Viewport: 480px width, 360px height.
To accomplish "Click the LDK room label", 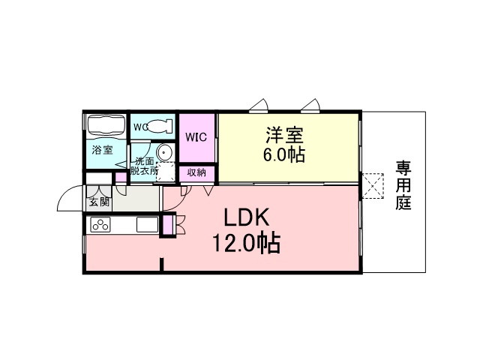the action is pyautogui.click(x=247, y=217).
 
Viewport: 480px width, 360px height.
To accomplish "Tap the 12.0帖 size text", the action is pyautogui.click(x=247, y=243).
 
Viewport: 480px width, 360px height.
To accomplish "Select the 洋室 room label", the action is pyautogui.click(x=284, y=135).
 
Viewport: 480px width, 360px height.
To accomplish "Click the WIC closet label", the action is pyautogui.click(x=196, y=137).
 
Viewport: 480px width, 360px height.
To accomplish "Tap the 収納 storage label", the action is pyautogui.click(x=196, y=172).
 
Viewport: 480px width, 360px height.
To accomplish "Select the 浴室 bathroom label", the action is pyautogui.click(x=103, y=150).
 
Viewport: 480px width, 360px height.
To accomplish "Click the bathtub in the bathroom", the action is pyautogui.click(x=106, y=124).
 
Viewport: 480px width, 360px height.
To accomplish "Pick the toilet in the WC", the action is pyautogui.click(x=159, y=126).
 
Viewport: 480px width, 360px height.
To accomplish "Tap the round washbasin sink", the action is pyautogui.click(x=165, y=151).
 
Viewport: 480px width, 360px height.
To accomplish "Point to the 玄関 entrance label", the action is pyautogui.click(x=99, y=202).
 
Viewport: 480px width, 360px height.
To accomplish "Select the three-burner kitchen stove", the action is pyautogui.click(x=100, y=225).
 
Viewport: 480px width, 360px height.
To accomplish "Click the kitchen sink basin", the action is pyautogui.click(x=147, y=225).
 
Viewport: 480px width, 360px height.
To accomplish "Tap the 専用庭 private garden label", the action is pyautogui.click(x=403, y=185).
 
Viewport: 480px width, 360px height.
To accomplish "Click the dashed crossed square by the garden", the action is pyautogui.click(x=373, y=186).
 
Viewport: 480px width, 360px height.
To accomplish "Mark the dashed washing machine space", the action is pyautogui.click(x=165, y=172).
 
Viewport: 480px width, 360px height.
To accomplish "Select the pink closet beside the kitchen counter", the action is pyautogui.click(x=167, y=225).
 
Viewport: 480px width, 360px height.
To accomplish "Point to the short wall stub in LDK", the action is pyautogui.click(x=162, y=265).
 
